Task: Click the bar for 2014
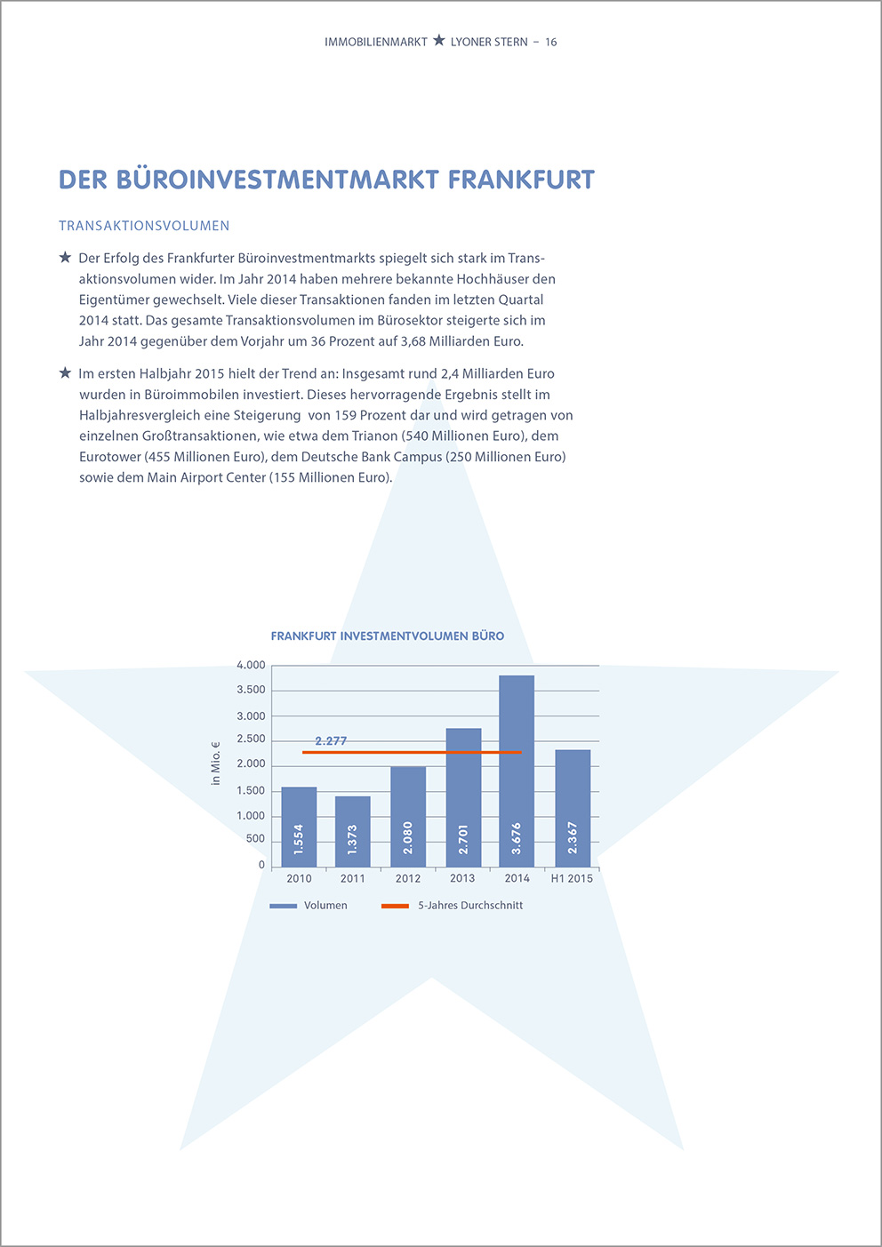coord(517,771)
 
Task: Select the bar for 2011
coord(352,831)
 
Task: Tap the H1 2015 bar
coord(573,808)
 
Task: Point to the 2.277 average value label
coord(331,741)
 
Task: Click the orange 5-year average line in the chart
coord(412,752)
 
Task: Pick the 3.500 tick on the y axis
coord(251,690)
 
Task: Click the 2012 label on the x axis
coord(407,878)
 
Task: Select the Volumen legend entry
coord(309,906)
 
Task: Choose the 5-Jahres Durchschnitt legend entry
coord(453,906)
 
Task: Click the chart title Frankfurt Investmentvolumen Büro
coord(388,636)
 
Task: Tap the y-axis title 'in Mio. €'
coord(215,763)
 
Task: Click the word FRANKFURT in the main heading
coord(521,180)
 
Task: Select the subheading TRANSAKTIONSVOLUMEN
coord(144,226)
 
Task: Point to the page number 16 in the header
coord(550,43)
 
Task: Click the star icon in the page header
coord(439,41)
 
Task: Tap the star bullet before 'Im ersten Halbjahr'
coord(65,372)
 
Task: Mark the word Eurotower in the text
coord(110,457)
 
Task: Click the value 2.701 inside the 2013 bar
coord(463,839)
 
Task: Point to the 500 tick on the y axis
coord(255,840)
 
